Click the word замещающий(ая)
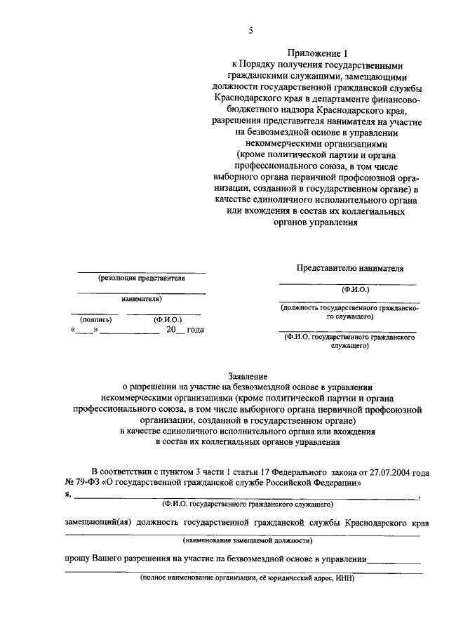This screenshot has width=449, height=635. click(98, 523)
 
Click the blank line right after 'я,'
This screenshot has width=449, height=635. click(246, 497)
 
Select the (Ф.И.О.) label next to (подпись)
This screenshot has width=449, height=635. click(168, 319)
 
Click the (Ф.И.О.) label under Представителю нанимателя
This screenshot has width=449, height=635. click(355, 288)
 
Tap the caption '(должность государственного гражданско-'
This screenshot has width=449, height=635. click(349, 307)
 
